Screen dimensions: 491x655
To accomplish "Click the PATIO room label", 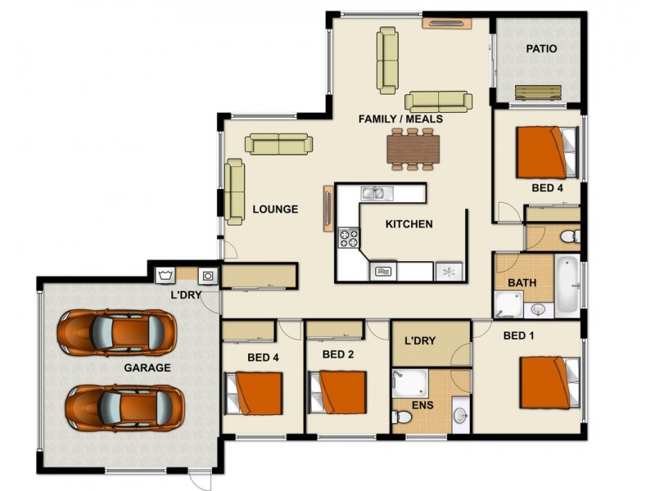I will click(x=541, y=49).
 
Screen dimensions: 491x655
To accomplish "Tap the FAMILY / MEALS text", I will click(x=400, y=119).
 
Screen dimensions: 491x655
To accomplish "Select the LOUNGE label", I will click(x=274, y=209).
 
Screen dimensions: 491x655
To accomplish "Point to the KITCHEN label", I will click(x=409, y=224).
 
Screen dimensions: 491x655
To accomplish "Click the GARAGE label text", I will click(x=147, y=368).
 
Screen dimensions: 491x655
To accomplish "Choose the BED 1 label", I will click(x=519, y=336).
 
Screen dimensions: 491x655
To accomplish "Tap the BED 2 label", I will click(x=337, y=354).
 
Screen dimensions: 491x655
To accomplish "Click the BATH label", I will click(x=522, y=283).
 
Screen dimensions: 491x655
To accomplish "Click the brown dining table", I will click(x=414, y=149).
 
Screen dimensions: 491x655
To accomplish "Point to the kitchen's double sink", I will click(x=377, y=194).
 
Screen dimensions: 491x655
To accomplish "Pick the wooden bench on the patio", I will click(x=538, y=93).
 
